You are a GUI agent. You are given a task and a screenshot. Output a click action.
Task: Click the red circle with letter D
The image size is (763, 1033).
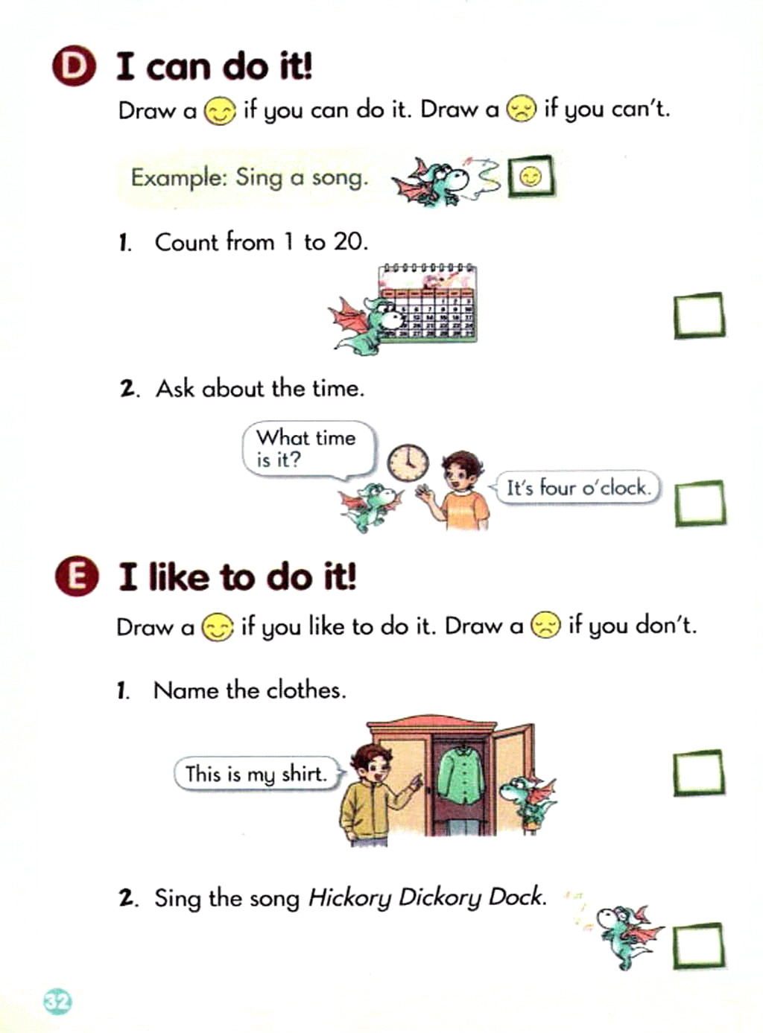(x=74, y=66)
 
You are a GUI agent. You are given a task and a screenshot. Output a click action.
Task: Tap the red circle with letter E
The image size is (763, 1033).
(x=77, y=577)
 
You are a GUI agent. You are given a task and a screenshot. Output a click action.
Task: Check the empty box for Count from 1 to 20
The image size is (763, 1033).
(x=699, y=315)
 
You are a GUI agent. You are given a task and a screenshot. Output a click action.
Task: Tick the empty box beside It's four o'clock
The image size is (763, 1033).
(x=700, y=503)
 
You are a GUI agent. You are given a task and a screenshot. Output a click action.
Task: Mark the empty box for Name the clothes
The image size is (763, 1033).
(x=699, y=773)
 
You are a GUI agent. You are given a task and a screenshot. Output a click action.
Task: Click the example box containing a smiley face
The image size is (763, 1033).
(x=531, y=177)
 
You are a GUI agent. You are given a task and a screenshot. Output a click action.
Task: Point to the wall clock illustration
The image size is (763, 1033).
(x=408, y=463)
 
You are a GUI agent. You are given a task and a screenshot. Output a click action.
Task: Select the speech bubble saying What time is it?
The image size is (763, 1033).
(x=309, y=451)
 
